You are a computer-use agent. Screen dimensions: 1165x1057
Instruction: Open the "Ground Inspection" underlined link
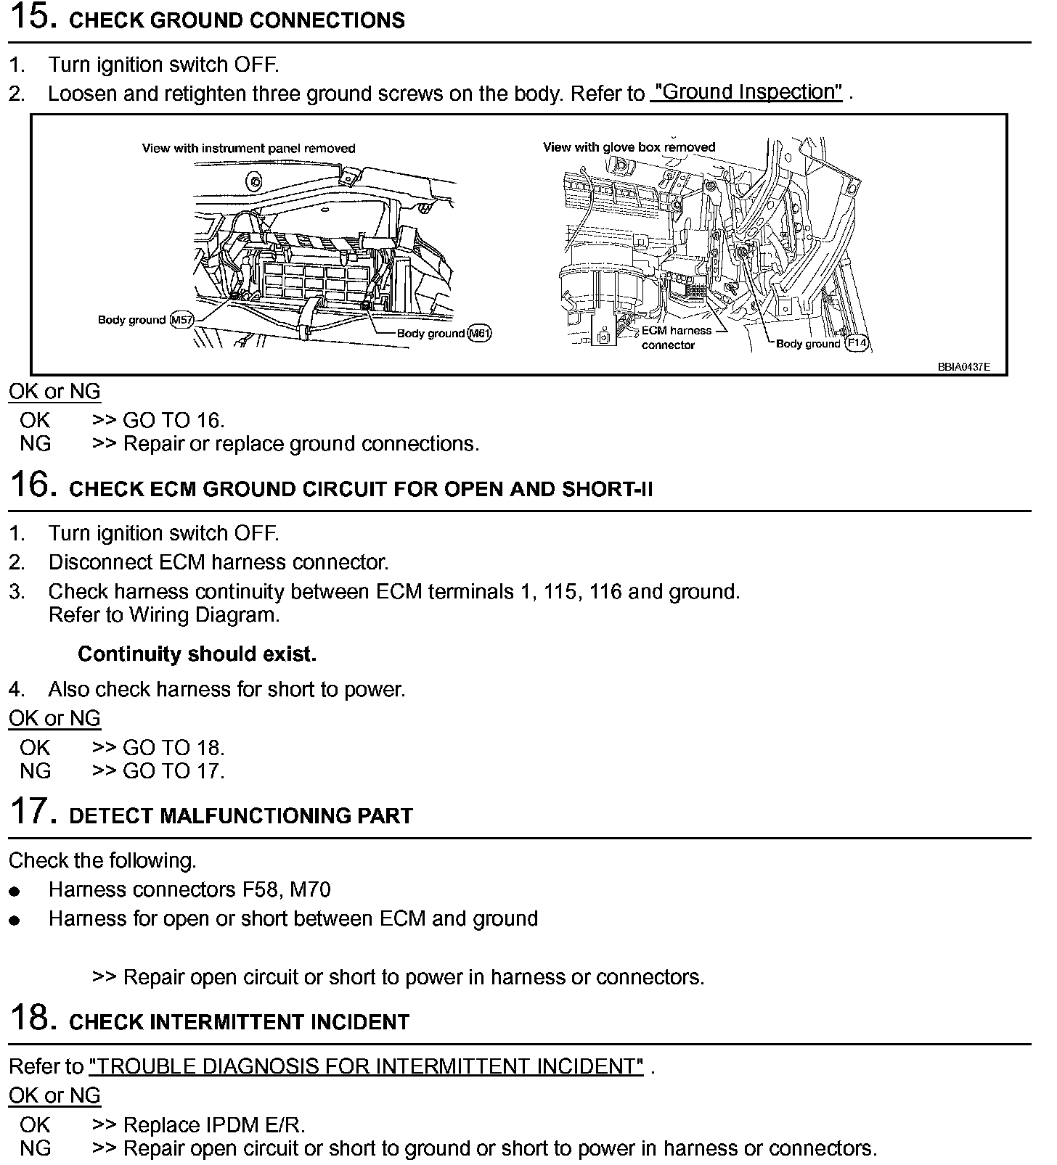[746, 93]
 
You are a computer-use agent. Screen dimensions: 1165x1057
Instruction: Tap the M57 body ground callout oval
[181, 320]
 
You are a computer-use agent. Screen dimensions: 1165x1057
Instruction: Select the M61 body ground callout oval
[479, 334]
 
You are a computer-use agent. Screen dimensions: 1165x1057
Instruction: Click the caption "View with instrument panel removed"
[248, 149]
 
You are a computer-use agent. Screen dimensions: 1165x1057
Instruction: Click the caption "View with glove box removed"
[629, 147]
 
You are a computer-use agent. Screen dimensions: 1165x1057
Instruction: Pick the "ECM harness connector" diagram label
[676, 337]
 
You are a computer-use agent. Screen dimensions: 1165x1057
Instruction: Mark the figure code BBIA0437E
[963, 367]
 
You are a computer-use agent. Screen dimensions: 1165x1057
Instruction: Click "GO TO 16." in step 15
[174, 420]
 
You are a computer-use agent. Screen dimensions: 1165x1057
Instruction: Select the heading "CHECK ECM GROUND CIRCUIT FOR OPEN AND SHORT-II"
[361, 489]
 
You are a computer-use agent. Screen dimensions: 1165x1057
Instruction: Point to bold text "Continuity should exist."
[197, 654]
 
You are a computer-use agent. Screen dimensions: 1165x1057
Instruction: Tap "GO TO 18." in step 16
[174, 747]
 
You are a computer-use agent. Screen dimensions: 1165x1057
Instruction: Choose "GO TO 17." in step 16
[174, 770]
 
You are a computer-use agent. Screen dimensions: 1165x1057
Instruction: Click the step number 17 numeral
[33, 812]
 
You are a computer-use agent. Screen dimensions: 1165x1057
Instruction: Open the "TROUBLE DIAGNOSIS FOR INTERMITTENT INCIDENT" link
[366, 1066]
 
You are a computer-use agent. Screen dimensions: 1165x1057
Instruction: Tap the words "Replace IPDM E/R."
[214, 1125]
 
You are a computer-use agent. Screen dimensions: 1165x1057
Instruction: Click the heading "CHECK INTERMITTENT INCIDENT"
[239, 1022]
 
